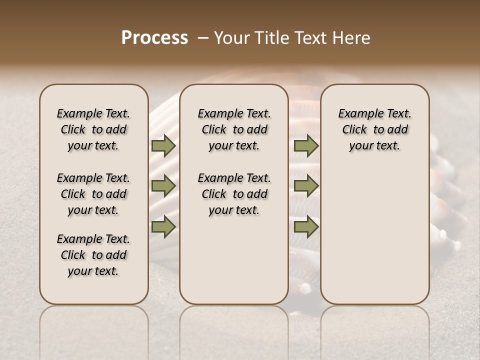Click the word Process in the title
click(154, 38)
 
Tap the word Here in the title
click(352, 38)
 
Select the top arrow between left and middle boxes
click(163, 146)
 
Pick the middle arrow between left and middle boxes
click(163, 186)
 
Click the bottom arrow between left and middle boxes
click(163, 227)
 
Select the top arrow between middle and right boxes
click(306, 146)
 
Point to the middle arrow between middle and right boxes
click(306, 186)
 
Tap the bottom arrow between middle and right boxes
click(306, 227)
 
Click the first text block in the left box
click(93, 129)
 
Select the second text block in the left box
click(93, 194)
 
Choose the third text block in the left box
click(93, 255)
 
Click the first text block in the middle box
click(234, 129)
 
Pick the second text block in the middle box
click(234, 194)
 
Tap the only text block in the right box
click(375, 129)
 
